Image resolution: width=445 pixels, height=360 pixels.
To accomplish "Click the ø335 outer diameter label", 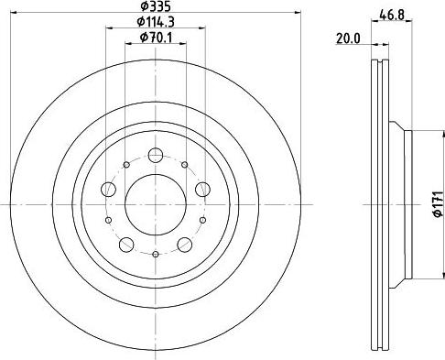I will (155, 7).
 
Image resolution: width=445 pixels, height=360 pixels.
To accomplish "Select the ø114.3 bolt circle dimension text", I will (155, 22).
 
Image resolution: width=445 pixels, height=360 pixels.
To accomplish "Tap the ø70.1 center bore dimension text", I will (155, 37).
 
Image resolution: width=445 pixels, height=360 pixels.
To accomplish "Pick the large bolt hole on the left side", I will (108, 190).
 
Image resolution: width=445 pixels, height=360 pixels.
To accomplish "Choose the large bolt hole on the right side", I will (202, 190).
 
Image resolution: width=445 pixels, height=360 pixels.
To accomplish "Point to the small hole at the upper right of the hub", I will (186, 163).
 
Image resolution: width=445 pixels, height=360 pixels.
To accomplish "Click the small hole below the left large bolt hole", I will (108, 219).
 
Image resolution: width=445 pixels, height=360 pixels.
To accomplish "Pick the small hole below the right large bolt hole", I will (202, 219).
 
